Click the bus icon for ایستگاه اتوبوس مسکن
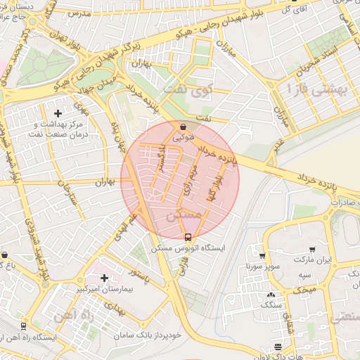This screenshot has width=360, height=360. (x=188, y=237)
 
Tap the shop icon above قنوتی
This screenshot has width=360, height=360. (x=184, y=127)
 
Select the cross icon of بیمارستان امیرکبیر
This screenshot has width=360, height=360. (x=105, y=278)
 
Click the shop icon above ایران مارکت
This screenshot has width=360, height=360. (x=311, y=249)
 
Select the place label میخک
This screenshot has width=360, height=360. (x=304, y=290)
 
